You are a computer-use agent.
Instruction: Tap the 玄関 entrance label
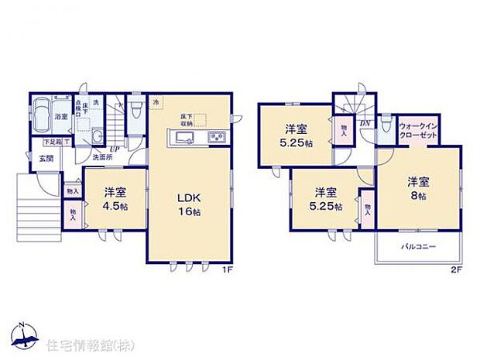pos(46,159)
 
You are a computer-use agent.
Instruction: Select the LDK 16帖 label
pos(188,202)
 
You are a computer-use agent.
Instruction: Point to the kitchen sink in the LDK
pos(186,139)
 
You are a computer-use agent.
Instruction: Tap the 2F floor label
pos(457,270)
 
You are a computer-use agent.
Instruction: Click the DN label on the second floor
pos(365,122)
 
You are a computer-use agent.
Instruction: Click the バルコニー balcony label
pos(418,247)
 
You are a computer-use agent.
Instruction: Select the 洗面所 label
pos(102,156)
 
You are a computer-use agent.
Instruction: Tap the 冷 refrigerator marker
pos(156,101)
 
